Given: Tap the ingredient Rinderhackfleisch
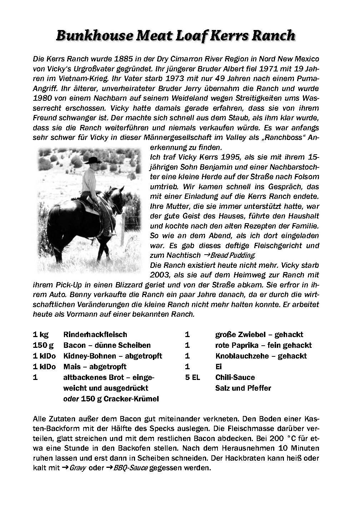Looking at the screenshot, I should click(x=95, y=335).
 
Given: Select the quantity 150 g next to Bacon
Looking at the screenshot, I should click(x=42, y=345).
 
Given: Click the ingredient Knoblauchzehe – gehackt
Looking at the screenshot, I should click(x=261, y=356).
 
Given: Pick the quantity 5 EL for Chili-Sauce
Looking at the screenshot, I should click(x=192, y=377).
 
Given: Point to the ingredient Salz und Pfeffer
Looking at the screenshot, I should click(x=243, y=388).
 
